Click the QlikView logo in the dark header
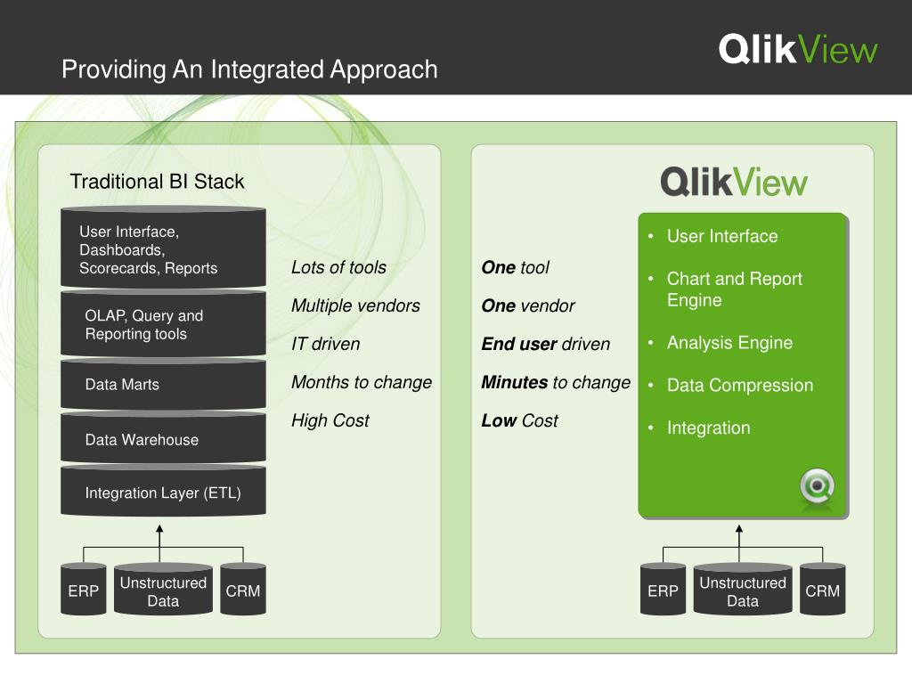pyautogui.click(x=797, y=50)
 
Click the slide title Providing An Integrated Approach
pyautogui.click(x=249, y=69)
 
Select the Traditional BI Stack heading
pyautogui.click(x=157, y=182)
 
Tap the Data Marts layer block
pyautogui.click(x=164, y=385)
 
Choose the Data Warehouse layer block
pyautogui.click(x=164, y=439)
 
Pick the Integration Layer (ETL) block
pyautogui.click(x=164, y=492)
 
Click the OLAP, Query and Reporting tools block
pyautogui.click(x=164, y=324)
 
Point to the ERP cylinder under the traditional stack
pyautogui.click(x=83, y=590)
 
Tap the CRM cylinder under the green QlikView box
pyautogui.click(x=822, y=590)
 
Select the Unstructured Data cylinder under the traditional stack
pyautogui.click(x=164, y=590)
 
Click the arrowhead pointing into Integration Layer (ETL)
pyautogui.click(x=159, y=528)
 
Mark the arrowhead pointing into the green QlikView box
pyautogui.click(x=739, y=528)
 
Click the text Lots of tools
pyautogui.click(x=338, y=267)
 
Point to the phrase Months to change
pyautogui.click(x=362, y=382)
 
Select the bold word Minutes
pyautogui.click(x=515, y=382)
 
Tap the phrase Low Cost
pyautogui.click(x=519, y=420)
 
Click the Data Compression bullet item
pyautogui.click(x=740, y=385)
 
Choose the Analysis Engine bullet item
pyautogui.click(x=729, y=343)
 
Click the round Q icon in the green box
pyautogui.click(x=818, y=487)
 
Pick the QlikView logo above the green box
pyautogui.click(x=734, y=182)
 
